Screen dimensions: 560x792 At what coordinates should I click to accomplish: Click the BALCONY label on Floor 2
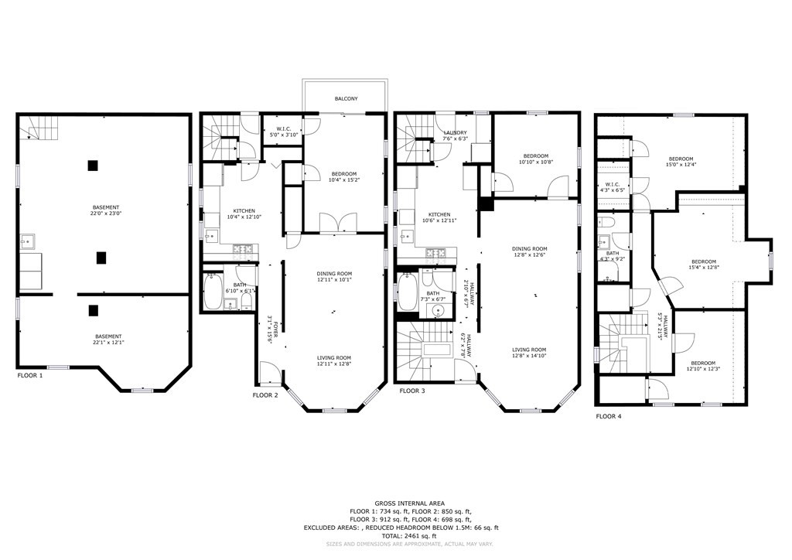point(346,99)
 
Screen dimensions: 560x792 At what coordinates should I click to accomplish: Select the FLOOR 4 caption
point(608,416)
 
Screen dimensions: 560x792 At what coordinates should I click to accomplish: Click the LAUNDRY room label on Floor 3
point(455,133)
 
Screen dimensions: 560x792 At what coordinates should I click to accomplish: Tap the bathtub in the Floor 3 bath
point(407,292)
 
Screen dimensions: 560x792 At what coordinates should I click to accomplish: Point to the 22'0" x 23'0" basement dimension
point(106,214)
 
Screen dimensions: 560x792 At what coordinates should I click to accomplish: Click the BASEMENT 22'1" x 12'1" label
point(108,340)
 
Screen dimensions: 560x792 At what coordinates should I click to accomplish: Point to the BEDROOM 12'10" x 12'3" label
point(703,366)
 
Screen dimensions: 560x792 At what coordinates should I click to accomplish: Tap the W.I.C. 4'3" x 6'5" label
point(613,186)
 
